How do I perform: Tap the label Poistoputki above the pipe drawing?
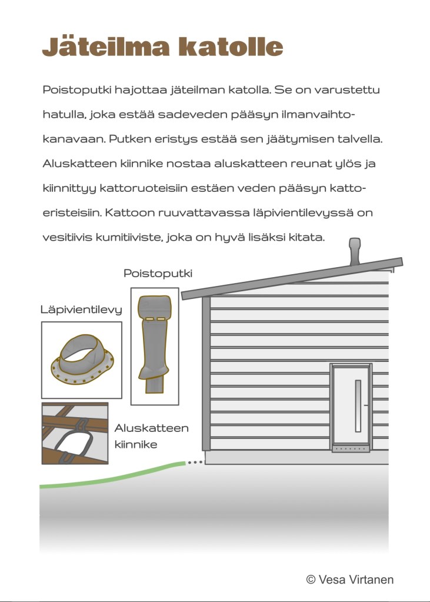coord(158,274)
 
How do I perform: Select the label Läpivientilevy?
coord(81,310)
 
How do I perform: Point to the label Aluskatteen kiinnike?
coord(151,436)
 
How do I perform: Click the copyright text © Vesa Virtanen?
coord(349,580)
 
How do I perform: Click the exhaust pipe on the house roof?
coord(355,252)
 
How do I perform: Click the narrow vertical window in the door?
coord(358,405)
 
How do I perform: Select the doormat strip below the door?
coord(351,449)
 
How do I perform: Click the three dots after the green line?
coord(195,463)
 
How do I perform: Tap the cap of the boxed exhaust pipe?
coord(154,308)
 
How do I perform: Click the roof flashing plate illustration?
coord(81,361)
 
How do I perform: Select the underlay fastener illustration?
coord(75,434)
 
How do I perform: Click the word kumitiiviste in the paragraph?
coord(128,238)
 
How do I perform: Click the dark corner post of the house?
coord(206,377)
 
